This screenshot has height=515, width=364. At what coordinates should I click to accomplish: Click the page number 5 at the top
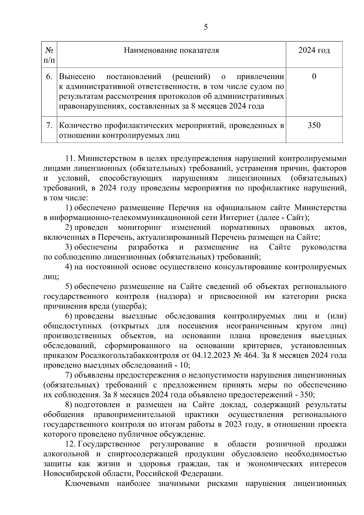(x=206, y=27)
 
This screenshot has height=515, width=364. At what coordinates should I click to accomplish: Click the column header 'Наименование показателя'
(x=171, y=50)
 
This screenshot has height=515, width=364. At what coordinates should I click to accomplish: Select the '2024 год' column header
(x=314, y=50)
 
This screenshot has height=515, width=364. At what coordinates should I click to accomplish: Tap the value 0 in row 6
(x=314, y=76)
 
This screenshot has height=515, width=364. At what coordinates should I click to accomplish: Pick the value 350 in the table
(x=314, y=125)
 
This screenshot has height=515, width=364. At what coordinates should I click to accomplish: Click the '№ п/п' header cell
(x=49, y=55)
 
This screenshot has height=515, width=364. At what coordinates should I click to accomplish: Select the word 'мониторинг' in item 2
(x=140, y=227)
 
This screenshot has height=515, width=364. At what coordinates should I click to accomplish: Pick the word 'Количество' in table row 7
(x=80, y=125)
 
